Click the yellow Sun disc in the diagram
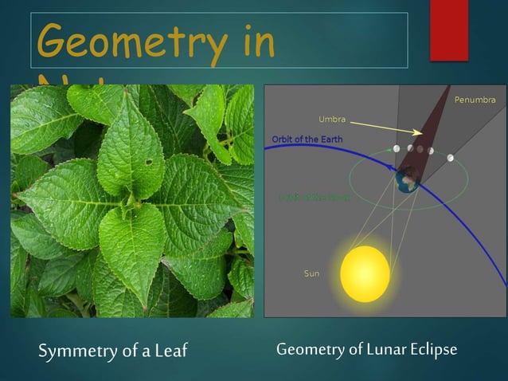365,273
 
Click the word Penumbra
475,100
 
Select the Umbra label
332,120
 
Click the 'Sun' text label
311,273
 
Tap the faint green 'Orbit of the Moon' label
314,197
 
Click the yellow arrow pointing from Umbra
385,128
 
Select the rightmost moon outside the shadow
451,158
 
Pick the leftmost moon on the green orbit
396,148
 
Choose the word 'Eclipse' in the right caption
432,349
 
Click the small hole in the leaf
147,162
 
